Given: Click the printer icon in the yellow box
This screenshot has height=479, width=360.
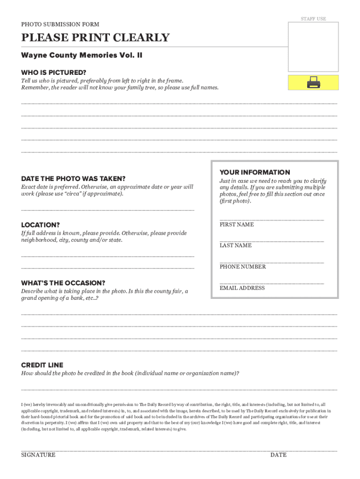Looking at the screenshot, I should tap(313, 83).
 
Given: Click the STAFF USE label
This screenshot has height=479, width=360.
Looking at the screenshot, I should tap(313, 19).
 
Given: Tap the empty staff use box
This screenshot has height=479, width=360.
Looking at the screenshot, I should tap(313, 46).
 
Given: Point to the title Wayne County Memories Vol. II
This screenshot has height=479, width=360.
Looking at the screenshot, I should tap(82, 55).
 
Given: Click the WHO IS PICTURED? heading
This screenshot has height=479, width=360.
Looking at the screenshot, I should tap(54, 73).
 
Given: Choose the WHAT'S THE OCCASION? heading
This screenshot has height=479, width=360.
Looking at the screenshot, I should tap(63, 283).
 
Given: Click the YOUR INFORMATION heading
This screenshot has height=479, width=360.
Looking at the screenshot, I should tap(255, 172).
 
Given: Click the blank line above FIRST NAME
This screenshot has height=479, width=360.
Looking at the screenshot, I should tap(272, 219).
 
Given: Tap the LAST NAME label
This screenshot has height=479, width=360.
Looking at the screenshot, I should tap(236, 245).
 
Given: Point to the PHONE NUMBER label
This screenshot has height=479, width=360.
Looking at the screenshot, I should tap(243, 267).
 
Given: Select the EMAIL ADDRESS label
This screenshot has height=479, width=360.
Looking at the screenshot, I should tap(242, 288).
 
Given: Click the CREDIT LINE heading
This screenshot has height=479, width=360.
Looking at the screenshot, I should tap(42, 365).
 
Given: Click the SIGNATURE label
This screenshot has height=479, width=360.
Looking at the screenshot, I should tap(38, 455).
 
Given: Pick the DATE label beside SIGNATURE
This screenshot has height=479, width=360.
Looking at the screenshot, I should tap(278, 455).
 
